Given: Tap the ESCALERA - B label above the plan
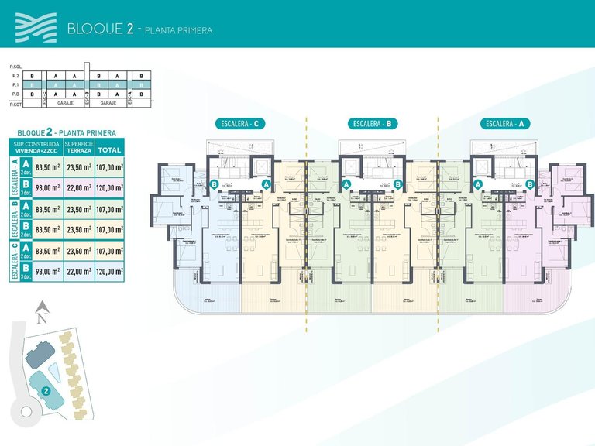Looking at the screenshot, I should click(371, 124).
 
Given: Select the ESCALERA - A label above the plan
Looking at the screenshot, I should click(504, 124).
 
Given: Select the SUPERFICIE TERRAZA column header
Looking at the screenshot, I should click(79, 148).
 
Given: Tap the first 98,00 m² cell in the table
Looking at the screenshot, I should click(49, 187).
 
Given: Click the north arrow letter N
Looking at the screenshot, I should click(43, 317).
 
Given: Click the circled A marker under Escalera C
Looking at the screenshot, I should click(266, 184).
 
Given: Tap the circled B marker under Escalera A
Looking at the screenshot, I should click(531, 184).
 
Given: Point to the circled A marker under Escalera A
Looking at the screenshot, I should click(478, 184).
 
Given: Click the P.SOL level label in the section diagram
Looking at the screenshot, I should click(14, 67).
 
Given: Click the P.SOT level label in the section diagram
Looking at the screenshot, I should click(14, 102).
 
